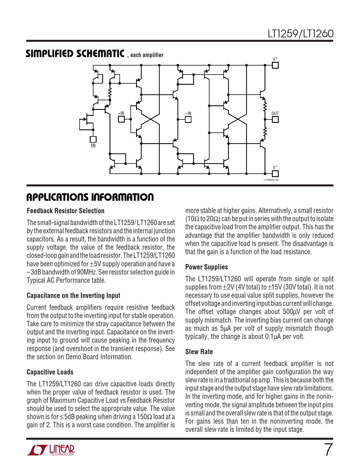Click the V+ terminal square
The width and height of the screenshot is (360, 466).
[275, 65]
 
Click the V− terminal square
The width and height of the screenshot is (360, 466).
[275, 173]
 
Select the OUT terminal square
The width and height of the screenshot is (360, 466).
[275, 119]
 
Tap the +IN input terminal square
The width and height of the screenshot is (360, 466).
[121, 119]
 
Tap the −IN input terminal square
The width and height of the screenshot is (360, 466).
[188, 119]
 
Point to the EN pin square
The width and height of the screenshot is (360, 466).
[93, 140]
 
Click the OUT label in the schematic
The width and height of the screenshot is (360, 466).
[275, 114]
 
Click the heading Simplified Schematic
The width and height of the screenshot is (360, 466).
[75, 54]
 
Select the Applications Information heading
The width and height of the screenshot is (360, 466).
[90, 197]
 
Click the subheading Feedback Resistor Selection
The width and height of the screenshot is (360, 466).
[66, 211]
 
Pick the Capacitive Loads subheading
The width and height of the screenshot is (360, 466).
[50, 372]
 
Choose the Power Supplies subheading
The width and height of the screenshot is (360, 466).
[206, 267]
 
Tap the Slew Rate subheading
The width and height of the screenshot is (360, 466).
[199, 352]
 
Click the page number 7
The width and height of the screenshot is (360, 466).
[328, 450]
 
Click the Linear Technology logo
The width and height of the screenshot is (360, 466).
[51, 450]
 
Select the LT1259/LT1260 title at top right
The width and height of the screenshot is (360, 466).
[300, 34]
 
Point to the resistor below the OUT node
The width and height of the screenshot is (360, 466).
[265, 132]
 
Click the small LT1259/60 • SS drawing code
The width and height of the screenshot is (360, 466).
[271, 180]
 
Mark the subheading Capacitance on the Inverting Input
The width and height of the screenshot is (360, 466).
[73, 295]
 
